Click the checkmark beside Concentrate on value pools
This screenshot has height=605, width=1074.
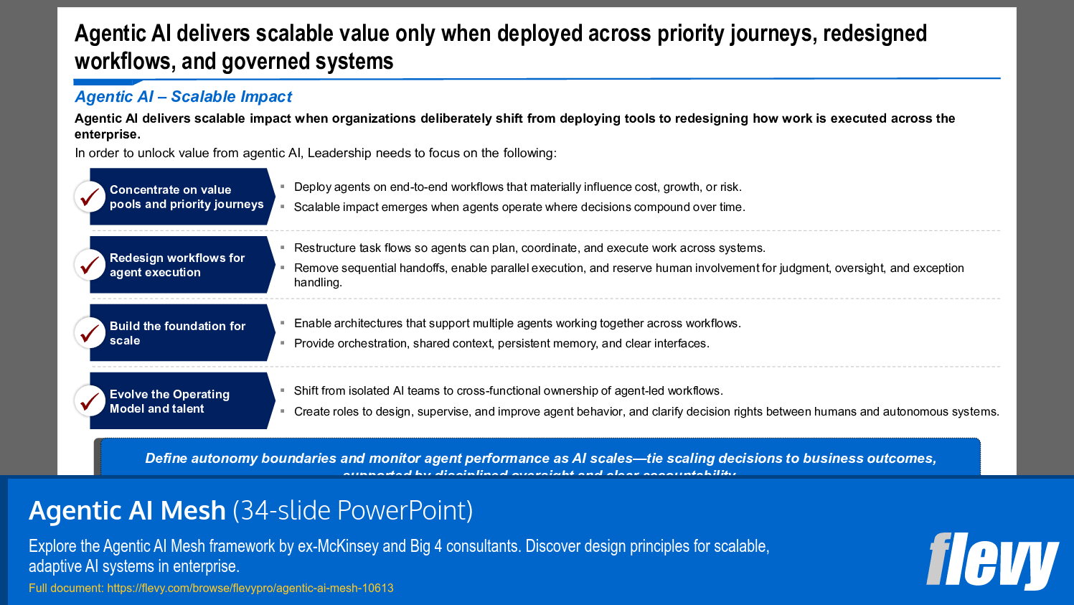[90, 197]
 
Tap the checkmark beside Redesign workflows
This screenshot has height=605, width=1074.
[90, 265]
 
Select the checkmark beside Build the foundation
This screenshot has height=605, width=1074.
[90, 333]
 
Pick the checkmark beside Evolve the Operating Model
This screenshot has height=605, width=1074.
[90, 401]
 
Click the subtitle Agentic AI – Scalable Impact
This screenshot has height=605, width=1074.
[183, 97]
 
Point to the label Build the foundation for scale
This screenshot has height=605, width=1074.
[177, 333]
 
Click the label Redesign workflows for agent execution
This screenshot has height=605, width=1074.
[177, 265]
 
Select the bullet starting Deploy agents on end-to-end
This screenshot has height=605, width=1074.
[517, 187]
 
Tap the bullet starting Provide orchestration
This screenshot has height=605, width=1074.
[501, 344]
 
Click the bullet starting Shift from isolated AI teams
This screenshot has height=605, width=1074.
[508, 391]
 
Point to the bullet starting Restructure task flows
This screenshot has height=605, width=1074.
[529, 248]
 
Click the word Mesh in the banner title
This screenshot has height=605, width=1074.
[193, 511]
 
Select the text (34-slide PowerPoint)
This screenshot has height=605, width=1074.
[352, 511]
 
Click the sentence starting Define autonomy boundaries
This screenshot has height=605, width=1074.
[540, 459]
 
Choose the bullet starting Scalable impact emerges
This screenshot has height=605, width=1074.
[519, 207]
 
